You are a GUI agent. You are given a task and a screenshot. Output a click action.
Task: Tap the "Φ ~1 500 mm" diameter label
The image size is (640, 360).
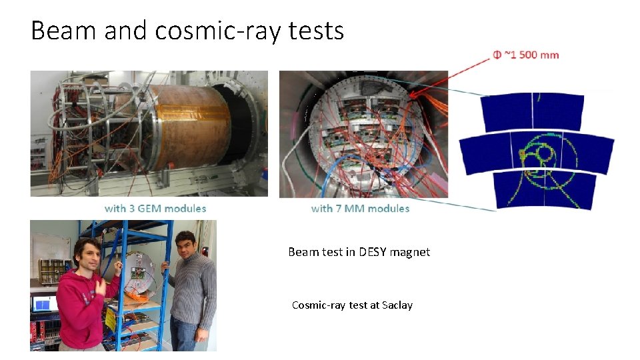(526, 55)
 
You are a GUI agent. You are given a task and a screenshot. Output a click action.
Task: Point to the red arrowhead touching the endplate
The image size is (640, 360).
(420, 95)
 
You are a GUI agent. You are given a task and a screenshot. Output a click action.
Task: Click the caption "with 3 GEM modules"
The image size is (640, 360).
(155, 209)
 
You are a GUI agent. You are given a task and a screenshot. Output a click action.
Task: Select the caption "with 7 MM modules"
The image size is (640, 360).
(360, 209)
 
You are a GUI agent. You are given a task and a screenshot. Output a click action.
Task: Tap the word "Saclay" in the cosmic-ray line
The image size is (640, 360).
(397, 305)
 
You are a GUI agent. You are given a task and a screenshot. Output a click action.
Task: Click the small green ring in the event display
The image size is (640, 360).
(545, 154)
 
